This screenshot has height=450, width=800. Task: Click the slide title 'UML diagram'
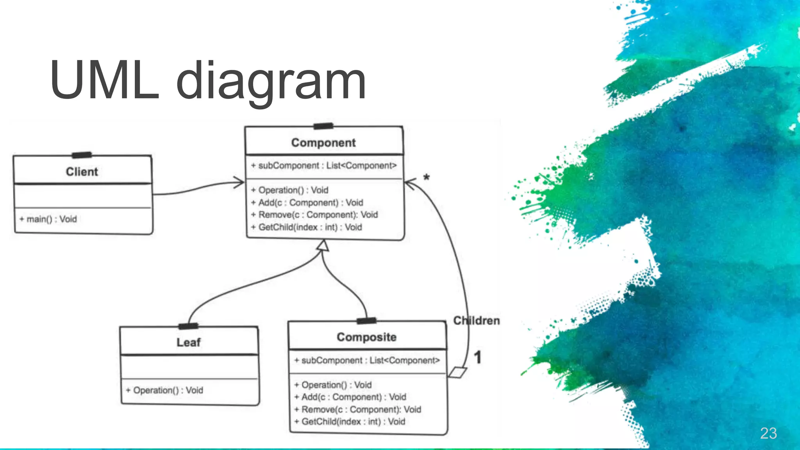point(208,81)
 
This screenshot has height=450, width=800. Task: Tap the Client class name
point(82,172)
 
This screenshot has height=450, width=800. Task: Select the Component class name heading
point(323,143)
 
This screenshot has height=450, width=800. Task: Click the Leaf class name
point(188,343)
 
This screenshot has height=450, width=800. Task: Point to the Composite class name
point(366,337)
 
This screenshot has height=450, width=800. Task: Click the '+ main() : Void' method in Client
point(48,219)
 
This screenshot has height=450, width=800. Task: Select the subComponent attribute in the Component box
point(323,166)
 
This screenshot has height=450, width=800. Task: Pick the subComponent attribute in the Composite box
point(367,361)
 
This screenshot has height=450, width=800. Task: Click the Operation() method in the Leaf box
point(164,390)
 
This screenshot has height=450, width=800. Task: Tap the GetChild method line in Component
point(307,227)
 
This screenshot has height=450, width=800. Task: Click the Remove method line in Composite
point(357,409)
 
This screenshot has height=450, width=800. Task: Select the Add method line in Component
point(307,203)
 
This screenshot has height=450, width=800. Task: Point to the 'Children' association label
point(476,321)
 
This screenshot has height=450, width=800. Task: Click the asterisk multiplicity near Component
point(427,178)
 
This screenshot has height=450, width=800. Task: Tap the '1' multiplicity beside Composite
point(477,357)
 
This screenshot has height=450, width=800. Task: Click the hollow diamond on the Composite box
point(457,372)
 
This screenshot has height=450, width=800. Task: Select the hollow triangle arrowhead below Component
point(323,246)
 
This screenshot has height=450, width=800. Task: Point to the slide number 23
point(768,433)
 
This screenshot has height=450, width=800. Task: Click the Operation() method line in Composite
point(333,385)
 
